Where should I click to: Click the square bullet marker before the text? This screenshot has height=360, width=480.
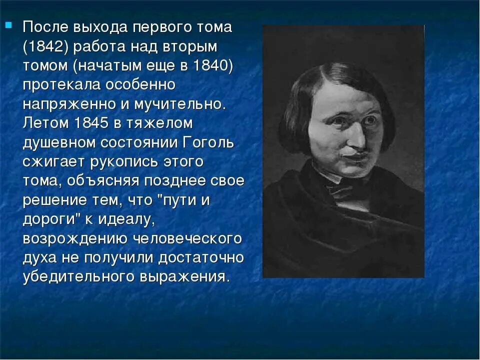point(8,25)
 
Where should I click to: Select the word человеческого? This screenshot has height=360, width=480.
point(187,238)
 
